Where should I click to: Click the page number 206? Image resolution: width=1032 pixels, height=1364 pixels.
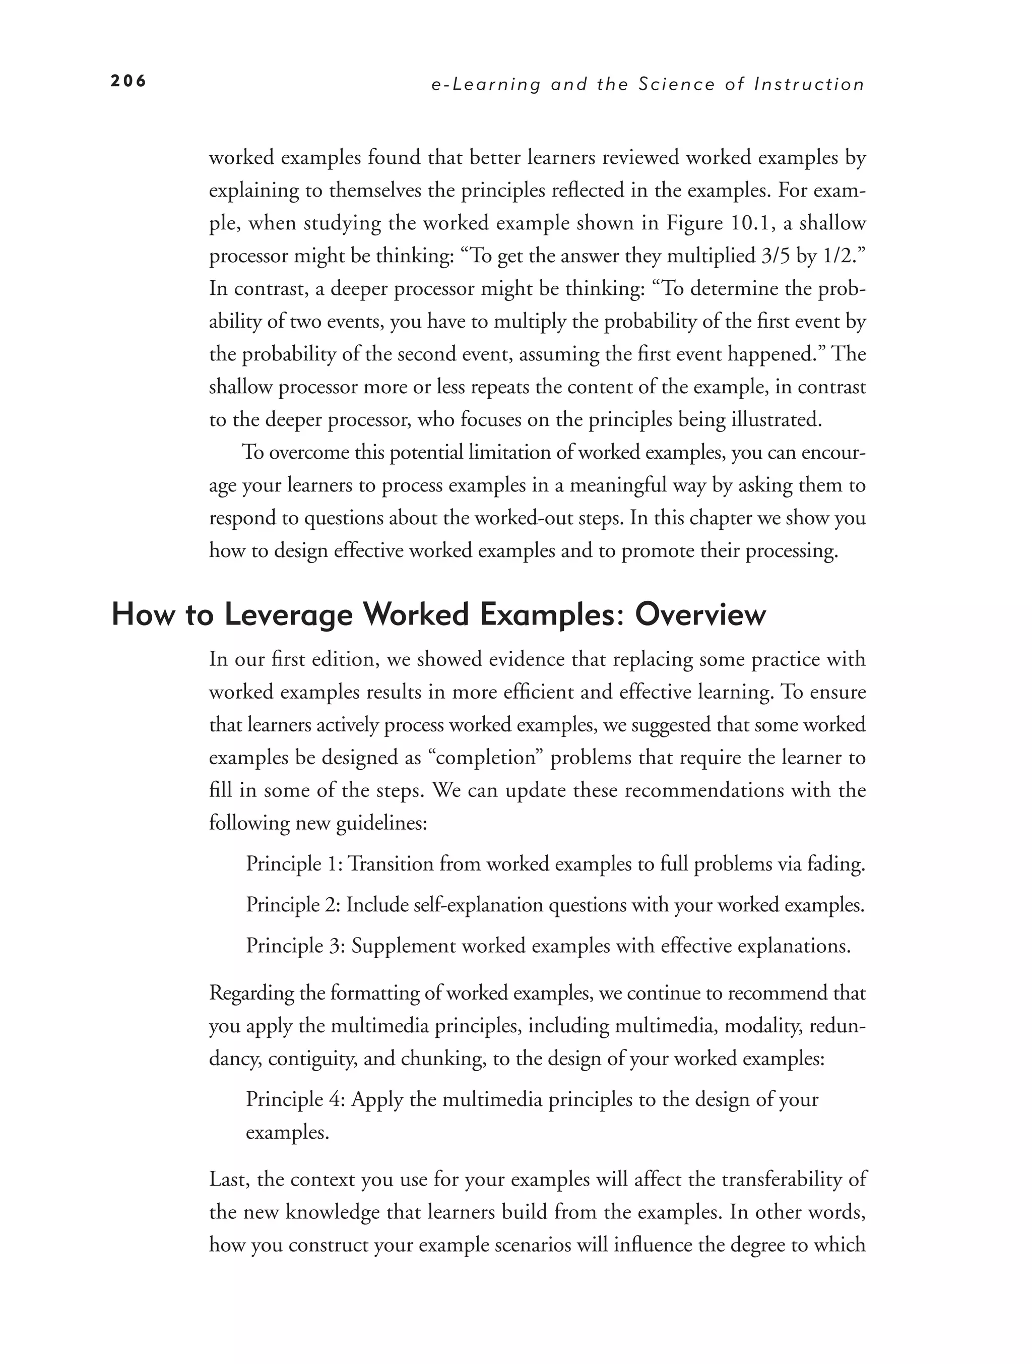point(128,81)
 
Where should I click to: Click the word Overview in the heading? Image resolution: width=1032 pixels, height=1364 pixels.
point(700,615)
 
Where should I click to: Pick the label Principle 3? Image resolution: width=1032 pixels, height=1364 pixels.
point(295,945)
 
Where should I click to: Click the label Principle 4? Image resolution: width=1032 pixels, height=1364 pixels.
point(295,1099)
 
